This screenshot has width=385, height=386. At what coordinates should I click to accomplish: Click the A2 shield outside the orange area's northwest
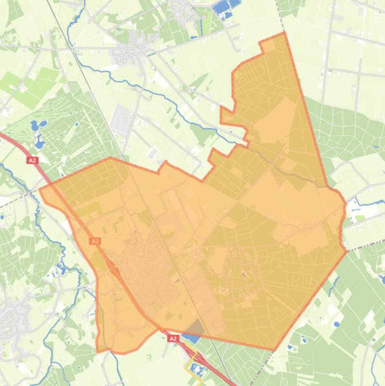click(x=33, y=160)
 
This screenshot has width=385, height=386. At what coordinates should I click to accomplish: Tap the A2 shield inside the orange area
click(x=95, y=241)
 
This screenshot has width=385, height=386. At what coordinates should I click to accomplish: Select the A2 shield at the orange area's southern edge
click(x=173, y=339)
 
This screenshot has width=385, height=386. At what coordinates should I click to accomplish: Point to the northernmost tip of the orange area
click(x=284, y=33)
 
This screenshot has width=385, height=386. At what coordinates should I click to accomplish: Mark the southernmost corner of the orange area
click(x=275, y=350)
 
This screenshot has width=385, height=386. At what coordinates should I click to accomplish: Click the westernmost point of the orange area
click(x=40, y=189)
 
